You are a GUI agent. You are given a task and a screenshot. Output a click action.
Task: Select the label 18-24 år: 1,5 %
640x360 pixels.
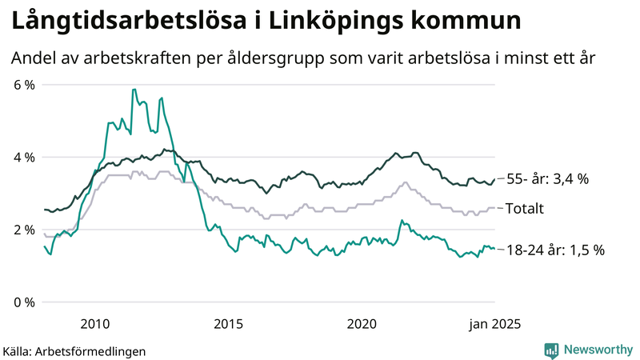click(x=555, y=250)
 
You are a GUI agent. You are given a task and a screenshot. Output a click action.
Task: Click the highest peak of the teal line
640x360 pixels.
click(x=134, y=89)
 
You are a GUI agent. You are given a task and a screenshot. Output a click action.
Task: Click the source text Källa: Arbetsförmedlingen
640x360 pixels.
click(x=74, y=351)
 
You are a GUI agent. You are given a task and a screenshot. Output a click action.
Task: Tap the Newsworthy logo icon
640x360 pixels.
click(x=551, y=350)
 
